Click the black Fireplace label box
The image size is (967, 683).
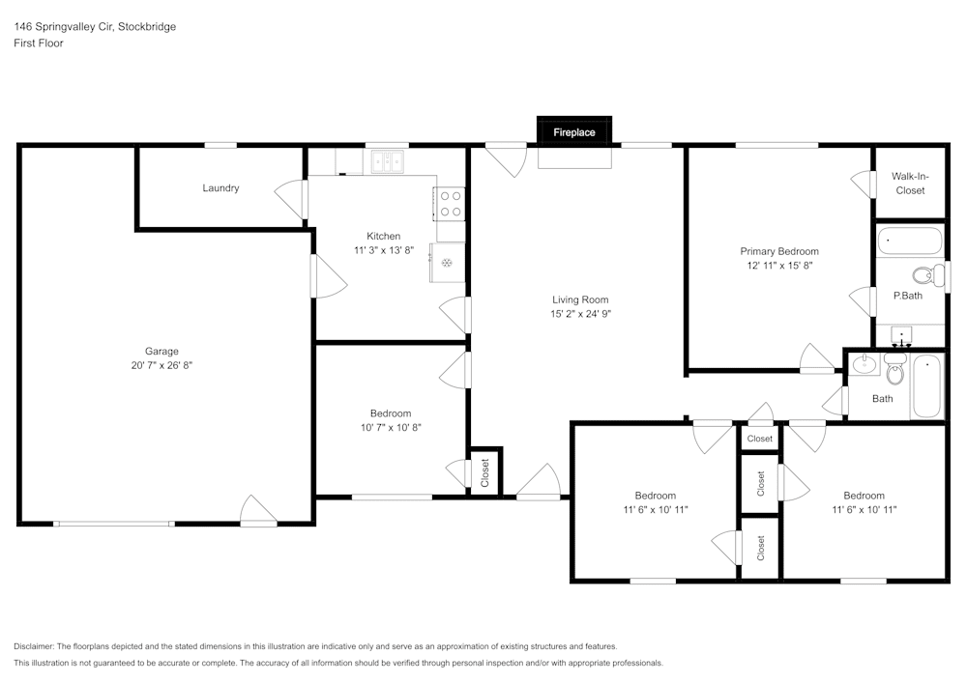click(x=573, y=131)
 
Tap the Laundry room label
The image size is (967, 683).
click(x=220, y=188)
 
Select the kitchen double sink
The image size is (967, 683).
click(x=388, y=161)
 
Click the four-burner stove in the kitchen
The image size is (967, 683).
click(x=450, y=204)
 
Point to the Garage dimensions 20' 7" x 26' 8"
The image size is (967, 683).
click(x=161, y=365)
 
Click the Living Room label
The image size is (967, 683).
click(x=580, y=299)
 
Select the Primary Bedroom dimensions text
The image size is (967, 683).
click(x=779, y=265)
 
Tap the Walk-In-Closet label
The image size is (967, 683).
click(x=909, y=184)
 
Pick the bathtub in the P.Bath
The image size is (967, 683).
click(x=910, y=241)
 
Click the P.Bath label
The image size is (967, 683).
click(x=907, y=296)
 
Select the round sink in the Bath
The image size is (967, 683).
click(x=863, y=365)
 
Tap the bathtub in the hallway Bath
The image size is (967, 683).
click(x=926, y=386)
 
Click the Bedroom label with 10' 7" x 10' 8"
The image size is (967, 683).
click(x=391, y=413)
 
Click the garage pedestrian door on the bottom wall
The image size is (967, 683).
click(x=258, y=512)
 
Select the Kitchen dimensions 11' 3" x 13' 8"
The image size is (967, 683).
click(x=383, y=250)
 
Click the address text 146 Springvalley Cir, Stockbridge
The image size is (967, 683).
click(x=95, y=27)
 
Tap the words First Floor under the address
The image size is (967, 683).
click(x=38, y=43)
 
